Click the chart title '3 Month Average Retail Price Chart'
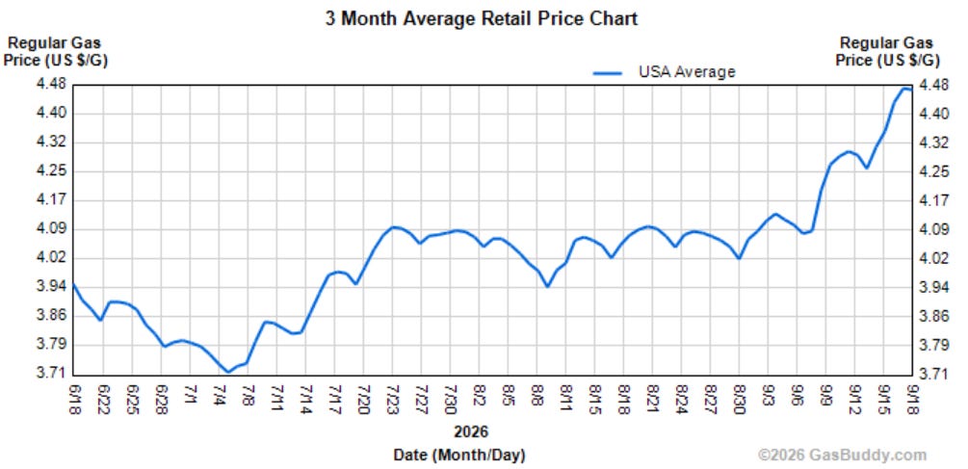pyautogui.click(x=482, y=18)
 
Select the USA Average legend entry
pyautogui.click(x=665, y=72)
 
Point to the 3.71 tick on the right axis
pyautogui.click(x=932, y=374)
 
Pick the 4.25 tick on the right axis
pyautogui.click(x=932, y=171)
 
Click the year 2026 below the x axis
pyautogui.click(x=470, y=430)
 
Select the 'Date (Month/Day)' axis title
pyautogui.click(x=459, y=456)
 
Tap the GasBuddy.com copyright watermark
pyautogui.click(x=842, y=456)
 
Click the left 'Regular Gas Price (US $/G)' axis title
pyautogui.click(x=56, y=52)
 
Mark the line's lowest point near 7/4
pyautogui.click(x=228, y=372)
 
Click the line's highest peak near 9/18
pyautogui.click(x=905, y=89)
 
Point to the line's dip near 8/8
pyautogui.click(x=548, y=286)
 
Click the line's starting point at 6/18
pyautogui.click(x=74, y=284)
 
